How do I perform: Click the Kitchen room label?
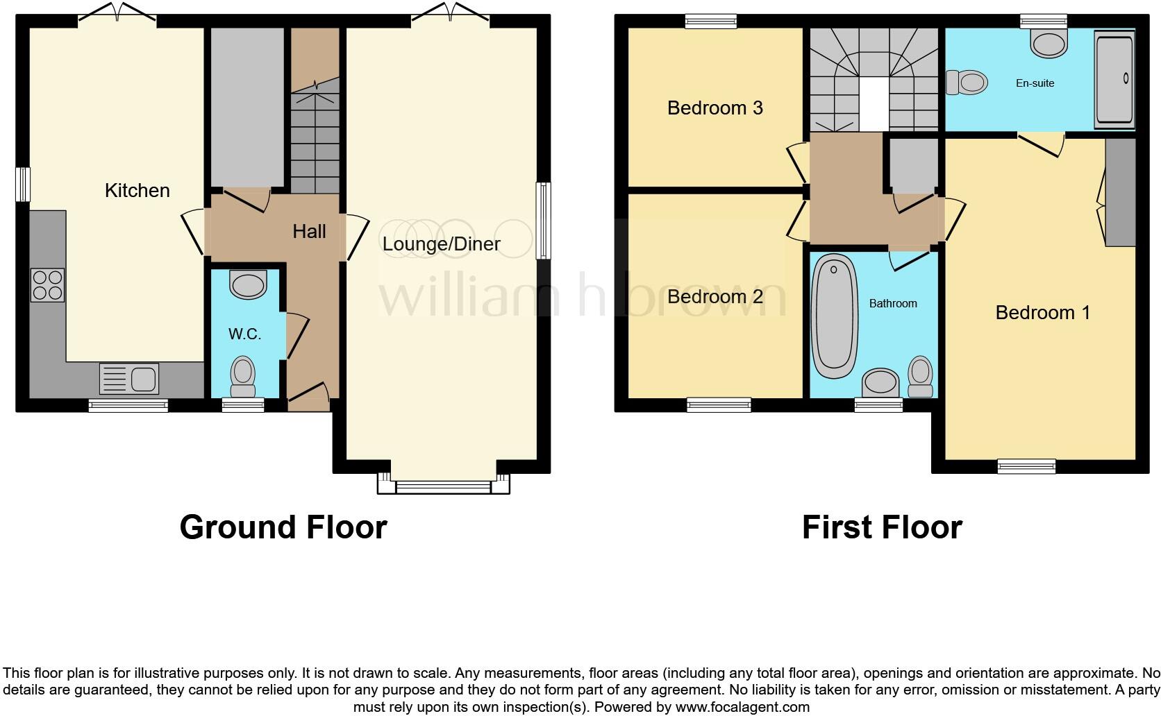pos(137,190)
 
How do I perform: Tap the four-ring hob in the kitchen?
pos(47,285)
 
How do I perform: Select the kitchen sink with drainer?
pos(130,379)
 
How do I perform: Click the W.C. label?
pos(244,334)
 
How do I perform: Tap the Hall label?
pos(309,231)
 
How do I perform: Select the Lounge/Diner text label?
pos(441,244)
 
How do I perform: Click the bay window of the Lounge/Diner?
pos(444,486)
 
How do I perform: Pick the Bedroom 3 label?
pos(715,108)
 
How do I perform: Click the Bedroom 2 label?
pos(715,296)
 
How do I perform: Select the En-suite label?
pos(1035,83)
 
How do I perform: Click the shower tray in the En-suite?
pos(1114,80)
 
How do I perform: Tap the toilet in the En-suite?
pos(966,83)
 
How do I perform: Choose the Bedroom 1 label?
pos(1042,312)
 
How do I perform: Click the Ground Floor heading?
pos(283,527)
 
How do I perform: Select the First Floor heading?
pos(881,527)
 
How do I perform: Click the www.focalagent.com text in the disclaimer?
pos(742,708)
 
